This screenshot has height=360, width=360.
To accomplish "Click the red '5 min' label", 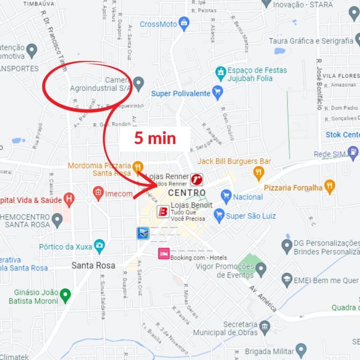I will coord(155,138).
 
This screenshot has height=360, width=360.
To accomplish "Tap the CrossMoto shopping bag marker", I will coord(184,23).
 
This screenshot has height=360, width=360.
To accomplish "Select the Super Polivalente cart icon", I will coord(217,92).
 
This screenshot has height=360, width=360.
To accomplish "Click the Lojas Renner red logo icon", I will coord(197,179).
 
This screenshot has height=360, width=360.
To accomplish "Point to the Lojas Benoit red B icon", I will coord(163,211).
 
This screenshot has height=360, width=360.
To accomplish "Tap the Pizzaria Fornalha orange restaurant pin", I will coord(330,187).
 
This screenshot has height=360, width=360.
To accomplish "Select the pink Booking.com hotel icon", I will coord(164,254).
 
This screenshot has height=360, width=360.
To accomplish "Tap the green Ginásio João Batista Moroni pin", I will coord(65,295).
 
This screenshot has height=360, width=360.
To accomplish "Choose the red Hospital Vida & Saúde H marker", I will coord(69,199).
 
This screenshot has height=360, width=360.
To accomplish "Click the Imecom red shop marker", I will coord(98,193).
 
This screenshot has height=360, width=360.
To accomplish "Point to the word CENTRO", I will coord(187,193).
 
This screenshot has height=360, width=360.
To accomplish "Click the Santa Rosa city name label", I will coord(93,265).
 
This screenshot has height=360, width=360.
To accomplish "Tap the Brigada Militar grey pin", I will coord(301,350).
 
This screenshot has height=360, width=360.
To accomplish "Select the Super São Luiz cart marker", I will coord(219,216).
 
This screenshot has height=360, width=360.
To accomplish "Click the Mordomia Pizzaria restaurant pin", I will coord(137,166).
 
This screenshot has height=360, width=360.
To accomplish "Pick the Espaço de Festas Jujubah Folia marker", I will coord(220,74).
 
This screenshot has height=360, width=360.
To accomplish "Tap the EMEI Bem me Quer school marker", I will coord(287,280).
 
